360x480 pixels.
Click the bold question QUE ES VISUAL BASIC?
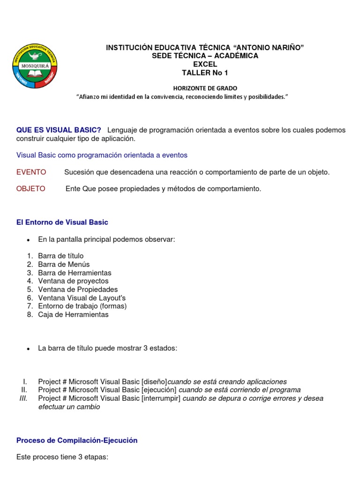pos(59,130)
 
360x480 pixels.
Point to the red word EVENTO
pos(31,172)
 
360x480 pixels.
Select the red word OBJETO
pos(31,189)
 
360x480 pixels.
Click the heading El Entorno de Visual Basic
pos(62,222)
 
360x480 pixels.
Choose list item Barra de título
pos(61,256)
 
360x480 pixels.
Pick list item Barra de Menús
pos(64,264)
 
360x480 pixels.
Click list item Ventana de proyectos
pos(73,281)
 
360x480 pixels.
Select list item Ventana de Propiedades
pos(78,289)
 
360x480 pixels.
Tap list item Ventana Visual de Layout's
pos(82,298)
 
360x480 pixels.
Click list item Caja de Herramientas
pos(73,315)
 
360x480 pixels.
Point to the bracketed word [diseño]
pos(154,382)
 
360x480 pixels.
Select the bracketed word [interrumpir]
pos(161,398)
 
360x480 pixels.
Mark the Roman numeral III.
pos(23,398)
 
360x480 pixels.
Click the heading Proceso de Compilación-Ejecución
pos(77,440)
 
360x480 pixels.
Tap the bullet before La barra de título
pos(29,349)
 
